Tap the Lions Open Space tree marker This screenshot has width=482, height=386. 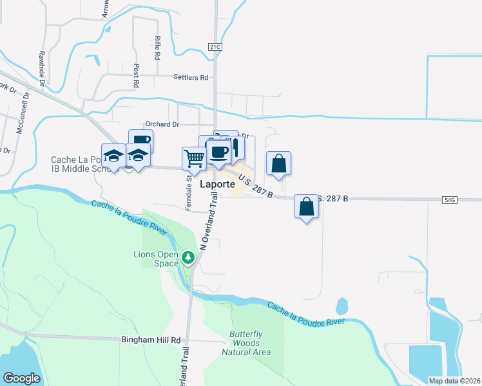188,258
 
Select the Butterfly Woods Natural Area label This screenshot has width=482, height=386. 246,343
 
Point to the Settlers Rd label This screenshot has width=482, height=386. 191,77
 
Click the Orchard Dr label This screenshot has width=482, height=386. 162,124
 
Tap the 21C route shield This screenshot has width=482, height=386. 215,47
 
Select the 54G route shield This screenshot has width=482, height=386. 450,200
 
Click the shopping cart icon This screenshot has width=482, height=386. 193,158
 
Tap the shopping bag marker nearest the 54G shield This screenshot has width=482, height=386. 307,207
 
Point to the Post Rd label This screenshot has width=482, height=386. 137,75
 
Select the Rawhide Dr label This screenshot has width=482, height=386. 41,68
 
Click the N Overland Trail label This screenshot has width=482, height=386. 209,221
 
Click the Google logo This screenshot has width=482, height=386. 21,378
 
